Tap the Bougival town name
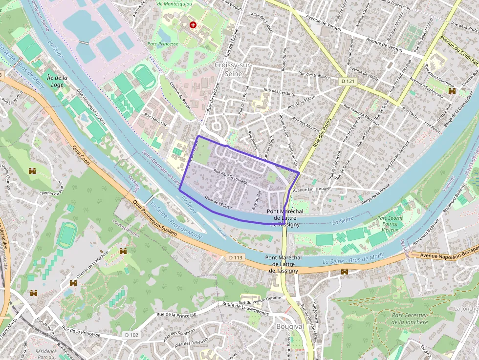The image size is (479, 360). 290,326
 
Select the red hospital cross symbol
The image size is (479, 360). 193,25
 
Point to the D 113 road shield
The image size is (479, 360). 236,257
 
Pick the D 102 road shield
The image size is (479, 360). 131,335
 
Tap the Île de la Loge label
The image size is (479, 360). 57,81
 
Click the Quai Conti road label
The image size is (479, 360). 81,155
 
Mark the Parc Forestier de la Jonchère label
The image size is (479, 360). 410,318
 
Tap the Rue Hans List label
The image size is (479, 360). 155,121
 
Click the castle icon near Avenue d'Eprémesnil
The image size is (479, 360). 452,91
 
